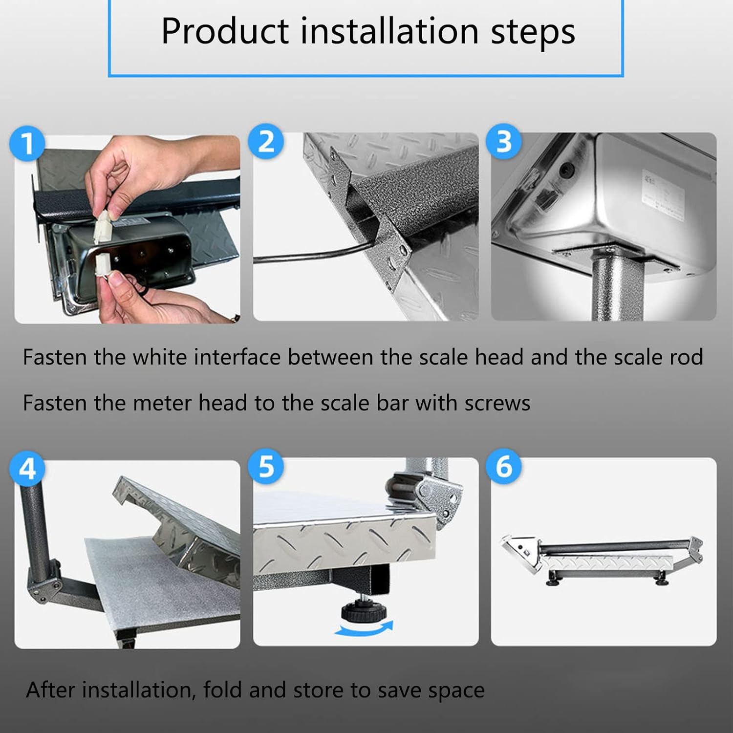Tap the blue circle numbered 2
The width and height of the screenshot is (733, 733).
266,142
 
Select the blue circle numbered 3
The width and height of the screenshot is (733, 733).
504,142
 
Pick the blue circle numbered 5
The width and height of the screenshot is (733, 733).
266,466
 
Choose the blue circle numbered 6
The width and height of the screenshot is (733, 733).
504,466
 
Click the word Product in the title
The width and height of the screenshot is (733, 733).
225,32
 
